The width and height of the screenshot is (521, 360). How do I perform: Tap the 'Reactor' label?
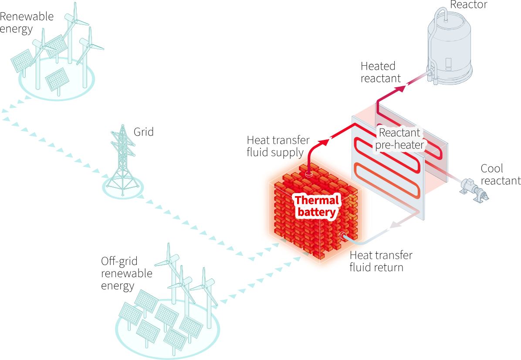pyautogui.click(x=468, y=5)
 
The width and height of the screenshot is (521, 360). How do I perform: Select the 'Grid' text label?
pyautogui.click(x=143, y=132)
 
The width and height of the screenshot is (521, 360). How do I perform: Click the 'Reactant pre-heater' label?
pyautogui.click(x=399, y=139)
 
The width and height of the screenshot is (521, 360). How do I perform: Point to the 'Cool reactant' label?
pyautogui.click(x=500, y=174)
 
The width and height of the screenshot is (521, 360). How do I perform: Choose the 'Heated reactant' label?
pyautogui.click(x=380, y=72)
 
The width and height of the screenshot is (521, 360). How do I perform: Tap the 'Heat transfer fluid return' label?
pyautogui.click(x=381, y=261)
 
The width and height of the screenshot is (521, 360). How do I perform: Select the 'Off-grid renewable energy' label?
pyautogui.click(x=127, y=273)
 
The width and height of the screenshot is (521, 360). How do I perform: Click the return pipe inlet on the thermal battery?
pyautogui.click(x=342, y=236)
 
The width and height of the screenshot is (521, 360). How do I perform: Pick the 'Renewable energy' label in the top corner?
pyautogui.click(x=27, y=23)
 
